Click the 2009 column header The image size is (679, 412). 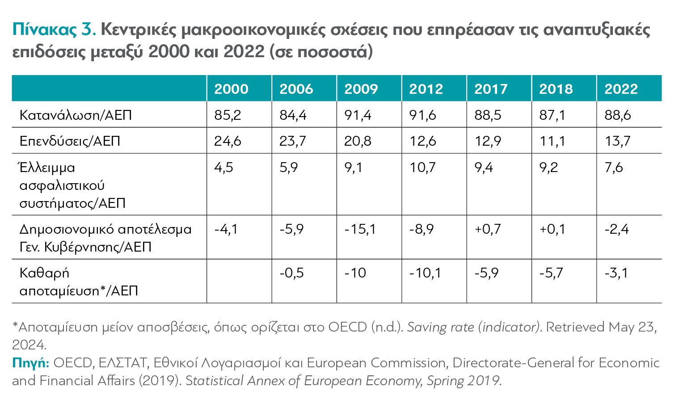tap(361, 89)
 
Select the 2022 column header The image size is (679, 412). tap(621, 89)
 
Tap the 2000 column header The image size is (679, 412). tap(231, 89)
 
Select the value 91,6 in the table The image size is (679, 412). tap(422, 115)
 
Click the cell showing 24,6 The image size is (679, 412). tap(228, 141)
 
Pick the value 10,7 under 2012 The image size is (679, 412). tap(422, 168)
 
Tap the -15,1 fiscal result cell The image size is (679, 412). tap(360, 229)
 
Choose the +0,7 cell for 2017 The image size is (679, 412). tap(488, 229)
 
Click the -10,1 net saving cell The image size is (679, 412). tap(425, 273)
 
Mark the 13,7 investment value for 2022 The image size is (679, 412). tap(617, 141)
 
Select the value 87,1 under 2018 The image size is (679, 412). tap(552, 115)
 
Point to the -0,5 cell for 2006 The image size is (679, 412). tap(291, 273)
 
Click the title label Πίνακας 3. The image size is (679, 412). tap(54, 30)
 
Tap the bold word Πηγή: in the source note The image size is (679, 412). tap(30, 362)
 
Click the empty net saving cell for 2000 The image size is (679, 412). tap(239, 281)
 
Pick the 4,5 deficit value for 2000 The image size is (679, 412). tap(224, 168)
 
